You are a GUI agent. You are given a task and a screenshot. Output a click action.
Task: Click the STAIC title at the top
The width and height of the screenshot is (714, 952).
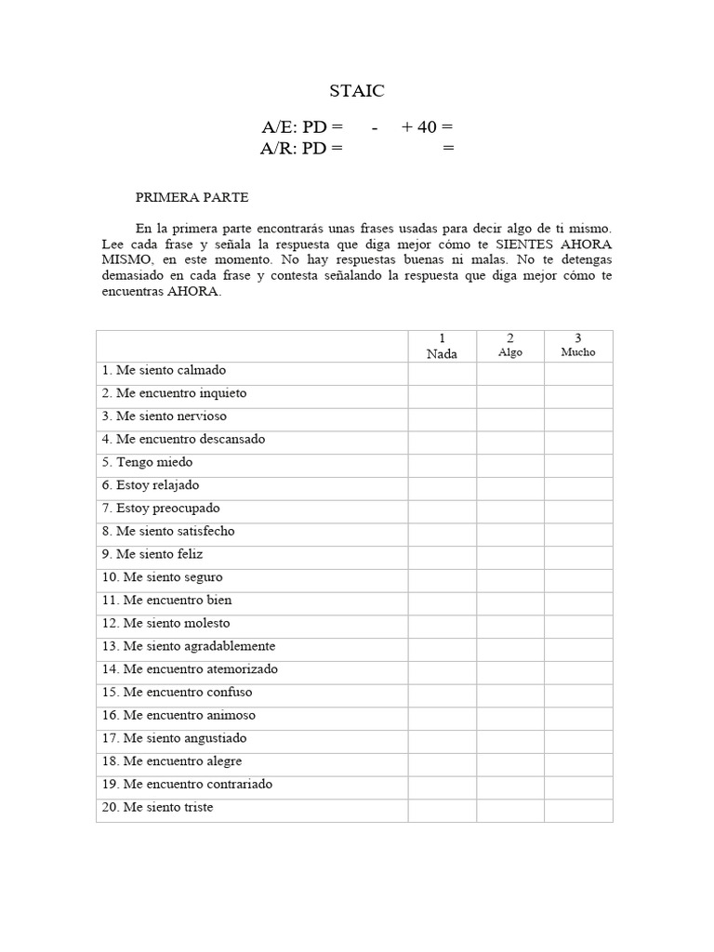click(x=357, y=91)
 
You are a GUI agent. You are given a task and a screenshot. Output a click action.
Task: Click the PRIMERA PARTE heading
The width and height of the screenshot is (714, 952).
click(x=192, y=197)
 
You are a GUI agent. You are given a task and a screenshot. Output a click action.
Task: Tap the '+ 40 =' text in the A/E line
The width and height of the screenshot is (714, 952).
click(x=427, y=127)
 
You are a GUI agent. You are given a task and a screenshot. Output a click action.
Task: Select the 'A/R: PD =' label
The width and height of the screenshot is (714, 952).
click(x=302, y=148)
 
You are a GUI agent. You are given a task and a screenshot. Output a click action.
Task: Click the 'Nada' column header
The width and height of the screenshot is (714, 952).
click(x=442, y=353)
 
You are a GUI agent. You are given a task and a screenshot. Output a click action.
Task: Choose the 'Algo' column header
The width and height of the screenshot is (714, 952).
click(x=510, y=352)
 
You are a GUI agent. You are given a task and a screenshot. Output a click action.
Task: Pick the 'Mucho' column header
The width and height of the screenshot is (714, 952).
click(x=578, y=352)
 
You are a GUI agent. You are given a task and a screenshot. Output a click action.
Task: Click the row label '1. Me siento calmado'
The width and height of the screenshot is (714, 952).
click(x=165, y=370)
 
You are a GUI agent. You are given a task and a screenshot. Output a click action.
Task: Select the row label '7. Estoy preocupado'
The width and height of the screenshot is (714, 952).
click(x=161, y=509)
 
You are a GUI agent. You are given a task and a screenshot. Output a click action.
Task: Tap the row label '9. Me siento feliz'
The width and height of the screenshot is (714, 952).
click(x=152, y=554)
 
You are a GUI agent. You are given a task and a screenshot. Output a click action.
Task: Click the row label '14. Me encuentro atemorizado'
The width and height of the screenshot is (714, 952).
click(x=191, y=669)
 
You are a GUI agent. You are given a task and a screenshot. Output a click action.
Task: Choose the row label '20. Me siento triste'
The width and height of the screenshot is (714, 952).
click(x=158, y=807)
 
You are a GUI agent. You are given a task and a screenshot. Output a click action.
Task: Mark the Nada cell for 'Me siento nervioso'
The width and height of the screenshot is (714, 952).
click(x=442, y=416)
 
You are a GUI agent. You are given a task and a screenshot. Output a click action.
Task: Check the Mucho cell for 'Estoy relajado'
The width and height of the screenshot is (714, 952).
click(x=578, y=485)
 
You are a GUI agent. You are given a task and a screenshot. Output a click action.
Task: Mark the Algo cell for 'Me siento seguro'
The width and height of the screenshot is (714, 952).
click(x=510, y=577)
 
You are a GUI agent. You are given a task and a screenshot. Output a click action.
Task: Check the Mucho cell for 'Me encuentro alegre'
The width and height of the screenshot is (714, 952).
click(x=578, y=761)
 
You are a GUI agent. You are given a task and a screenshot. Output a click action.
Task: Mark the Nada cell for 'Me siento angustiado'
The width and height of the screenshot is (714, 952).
click(x=442, y=738)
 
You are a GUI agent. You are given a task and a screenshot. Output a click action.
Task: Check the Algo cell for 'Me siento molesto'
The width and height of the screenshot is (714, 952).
click(x=510, y=624)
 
